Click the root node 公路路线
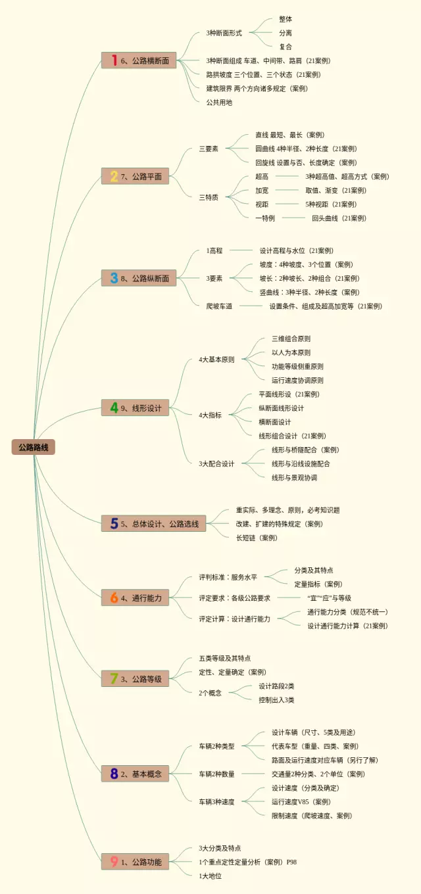33,447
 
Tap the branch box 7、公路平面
136,176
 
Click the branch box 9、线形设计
136,408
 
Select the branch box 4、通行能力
136,598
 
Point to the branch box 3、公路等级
136,678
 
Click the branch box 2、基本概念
136,774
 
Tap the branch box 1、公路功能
136,861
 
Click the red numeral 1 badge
114,60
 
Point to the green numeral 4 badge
114,408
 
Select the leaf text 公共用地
219,103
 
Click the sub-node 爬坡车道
219,306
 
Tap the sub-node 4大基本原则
216,360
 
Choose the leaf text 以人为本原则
291,353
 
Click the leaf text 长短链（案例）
257,538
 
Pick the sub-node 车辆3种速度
216,802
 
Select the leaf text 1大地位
210,876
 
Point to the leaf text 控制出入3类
276,700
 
